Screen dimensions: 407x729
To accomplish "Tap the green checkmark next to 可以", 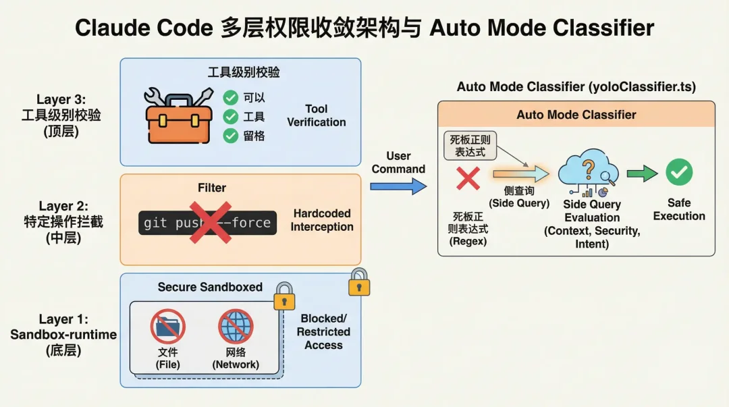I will [231, 98].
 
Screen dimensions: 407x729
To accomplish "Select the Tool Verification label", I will [316, 115].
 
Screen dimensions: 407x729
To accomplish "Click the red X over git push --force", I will [210, 222].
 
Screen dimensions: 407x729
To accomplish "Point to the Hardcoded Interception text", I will [322, 220].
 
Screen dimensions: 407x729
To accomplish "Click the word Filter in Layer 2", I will [212, 188].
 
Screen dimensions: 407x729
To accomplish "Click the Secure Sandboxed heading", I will [210, 287].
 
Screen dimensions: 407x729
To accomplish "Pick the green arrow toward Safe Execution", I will [641, 174].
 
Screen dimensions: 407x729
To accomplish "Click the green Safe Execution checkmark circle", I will [678, 173].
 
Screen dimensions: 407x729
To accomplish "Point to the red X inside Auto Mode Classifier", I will [468, 178].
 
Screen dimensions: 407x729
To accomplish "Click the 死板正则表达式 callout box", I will [470, 146].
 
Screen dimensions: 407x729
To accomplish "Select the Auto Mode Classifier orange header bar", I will [576, 115].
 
